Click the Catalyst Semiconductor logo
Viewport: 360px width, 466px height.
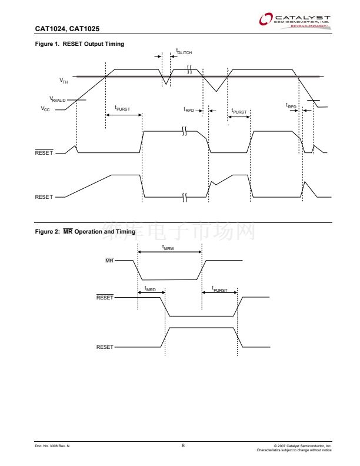coord(295,21)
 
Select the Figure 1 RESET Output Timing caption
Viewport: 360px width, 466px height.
coord(79,44)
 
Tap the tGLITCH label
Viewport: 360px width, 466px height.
coord(184,52)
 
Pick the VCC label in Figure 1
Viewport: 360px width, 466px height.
coord(45,109)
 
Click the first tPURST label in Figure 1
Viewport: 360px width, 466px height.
coord(122,108)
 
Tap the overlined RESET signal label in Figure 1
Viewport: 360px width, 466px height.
coord(44,153)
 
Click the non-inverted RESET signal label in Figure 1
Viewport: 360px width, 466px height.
coord(44,197)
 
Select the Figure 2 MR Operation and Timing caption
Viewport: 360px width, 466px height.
coord(85,232)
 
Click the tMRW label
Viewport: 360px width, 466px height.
coord(168,248)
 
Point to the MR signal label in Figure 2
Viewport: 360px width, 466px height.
coord(109,260)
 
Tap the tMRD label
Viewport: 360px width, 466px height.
coord(150,289)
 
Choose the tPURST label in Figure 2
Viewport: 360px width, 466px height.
coord(219,289)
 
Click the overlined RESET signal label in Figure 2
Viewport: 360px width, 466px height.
coord(105,298)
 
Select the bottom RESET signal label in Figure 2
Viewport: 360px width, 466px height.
coord(105,347)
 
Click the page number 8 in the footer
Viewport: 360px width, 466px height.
coord(183,445)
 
